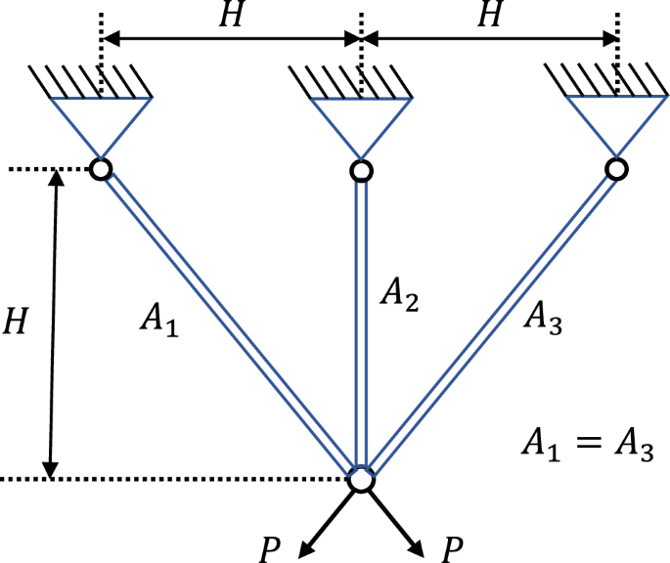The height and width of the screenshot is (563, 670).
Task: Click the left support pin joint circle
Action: (100, 170)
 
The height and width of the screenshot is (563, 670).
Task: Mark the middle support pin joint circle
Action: (361, 171)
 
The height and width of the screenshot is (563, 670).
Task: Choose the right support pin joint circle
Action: (616, 170)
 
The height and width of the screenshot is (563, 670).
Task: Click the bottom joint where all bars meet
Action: (361, 480)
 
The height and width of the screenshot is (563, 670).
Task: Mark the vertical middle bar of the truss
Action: (361, 323)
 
